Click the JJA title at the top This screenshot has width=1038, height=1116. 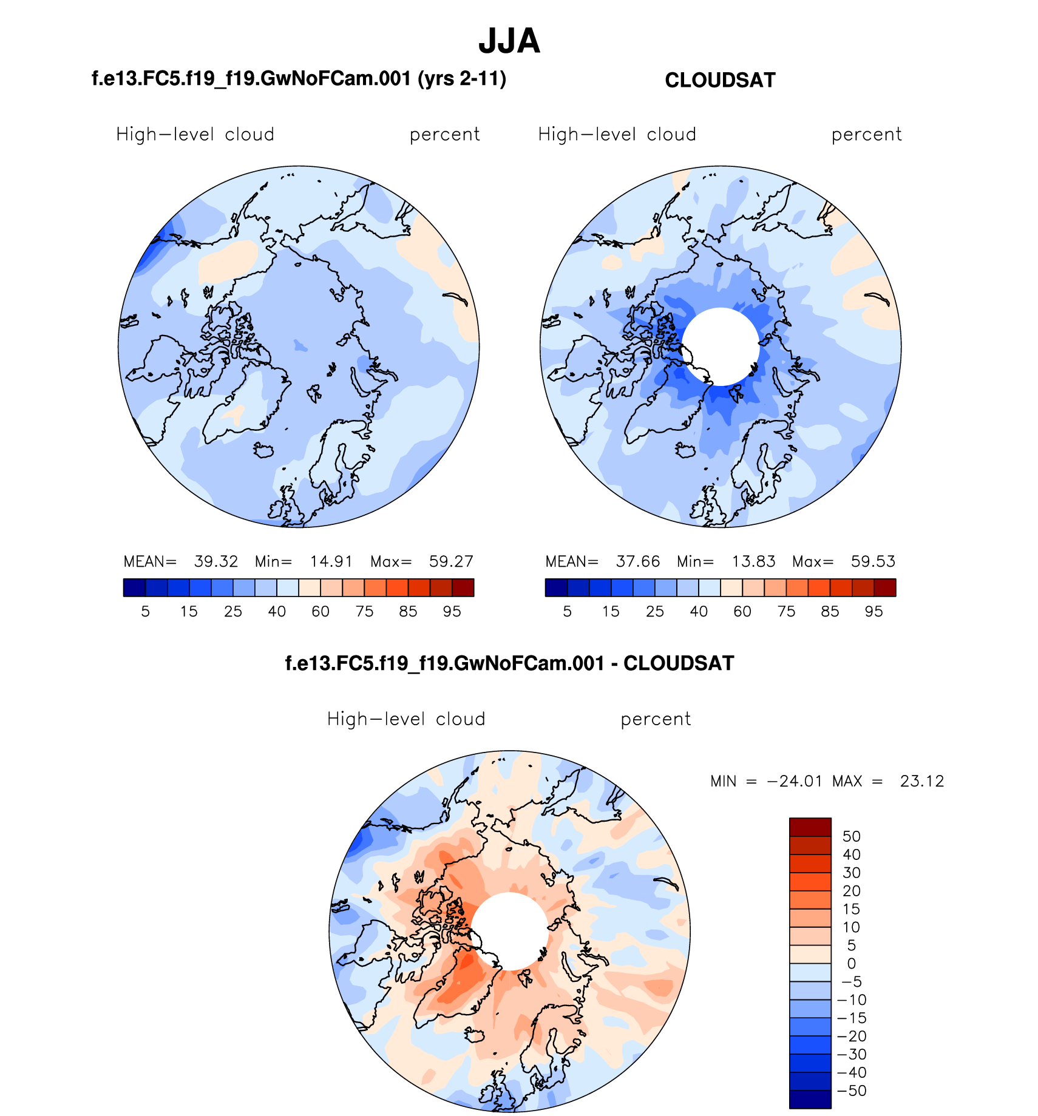tap(509, 41)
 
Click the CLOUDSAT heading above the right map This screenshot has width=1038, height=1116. tap(720, 80)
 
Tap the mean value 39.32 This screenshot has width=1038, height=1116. tap(216, 561)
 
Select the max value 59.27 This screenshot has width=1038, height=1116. tap(451, 561)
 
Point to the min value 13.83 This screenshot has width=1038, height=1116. tap(753, 561)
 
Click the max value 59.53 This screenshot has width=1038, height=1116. tap(873, 561)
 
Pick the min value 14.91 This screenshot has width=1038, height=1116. tap(331, 561)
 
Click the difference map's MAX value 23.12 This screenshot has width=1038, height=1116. tap(922, 781)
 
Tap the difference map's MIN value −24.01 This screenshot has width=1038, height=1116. tap(795, 781)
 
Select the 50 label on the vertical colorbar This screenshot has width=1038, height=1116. tap(851, 836)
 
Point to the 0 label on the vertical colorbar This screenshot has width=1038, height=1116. tap(851, 964)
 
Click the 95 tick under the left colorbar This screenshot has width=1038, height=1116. tap(452, 612)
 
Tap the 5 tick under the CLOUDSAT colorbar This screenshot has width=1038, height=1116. tap(567, 612)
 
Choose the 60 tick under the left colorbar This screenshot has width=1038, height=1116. tap(321, 612)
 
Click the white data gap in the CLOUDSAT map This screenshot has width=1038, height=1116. tap(721, 347)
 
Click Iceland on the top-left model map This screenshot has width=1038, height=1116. tap(263, 450)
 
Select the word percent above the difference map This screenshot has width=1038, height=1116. tap(656, 719)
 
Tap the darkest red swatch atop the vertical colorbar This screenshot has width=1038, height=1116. tap(810, 827)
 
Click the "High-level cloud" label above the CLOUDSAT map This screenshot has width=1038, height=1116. tap(617, 134)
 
